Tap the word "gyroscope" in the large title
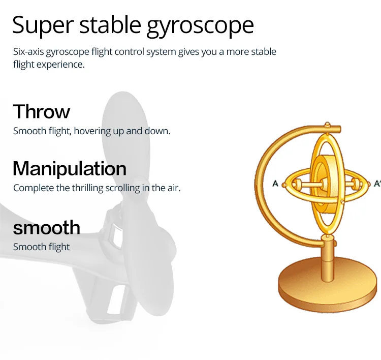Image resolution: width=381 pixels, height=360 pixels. tap(200, 26)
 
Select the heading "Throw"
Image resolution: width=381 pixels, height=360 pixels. tap(42, 111)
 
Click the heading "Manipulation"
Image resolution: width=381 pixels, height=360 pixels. tap(70, 168)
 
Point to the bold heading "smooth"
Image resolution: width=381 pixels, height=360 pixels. tap(46, 227)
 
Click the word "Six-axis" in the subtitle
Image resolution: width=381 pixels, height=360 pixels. tap(28, 52)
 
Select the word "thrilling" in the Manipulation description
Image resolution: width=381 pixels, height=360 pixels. tap(88, 188)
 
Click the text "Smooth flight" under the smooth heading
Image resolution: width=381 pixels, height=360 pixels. tap(41, 247)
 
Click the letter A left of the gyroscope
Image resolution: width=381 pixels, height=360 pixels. tap(275, 183)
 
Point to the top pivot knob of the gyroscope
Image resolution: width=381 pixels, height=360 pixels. tap(327, 125)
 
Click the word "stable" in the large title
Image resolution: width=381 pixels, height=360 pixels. tap(110, 25)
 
